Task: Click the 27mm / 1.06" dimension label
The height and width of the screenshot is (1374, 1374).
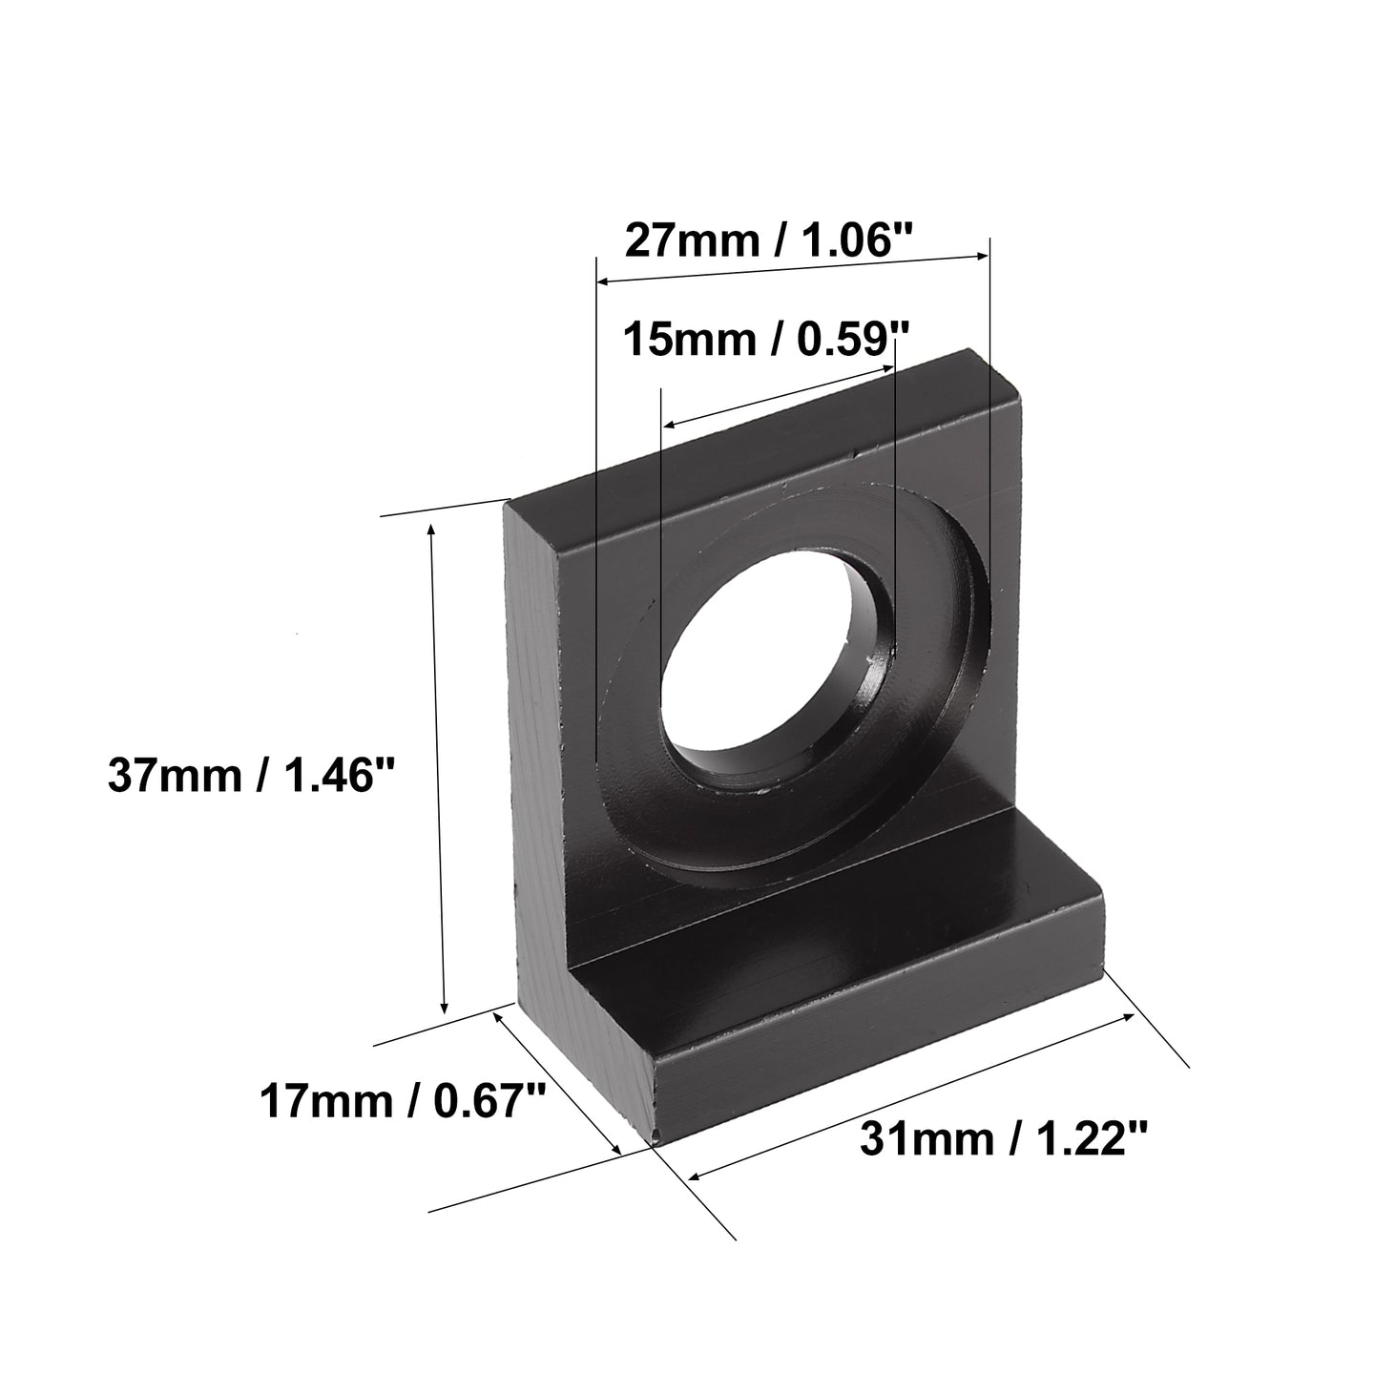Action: click(769, 240)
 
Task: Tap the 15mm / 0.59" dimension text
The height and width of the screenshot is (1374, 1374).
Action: click(767, 339)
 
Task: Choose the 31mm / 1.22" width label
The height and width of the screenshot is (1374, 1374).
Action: click(1004, 1138)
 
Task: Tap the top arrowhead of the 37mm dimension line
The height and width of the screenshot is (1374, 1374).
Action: click(431, 531)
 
